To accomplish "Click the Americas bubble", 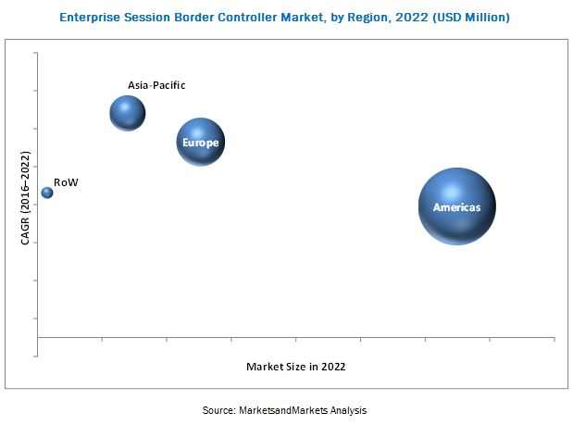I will [x=456, y=206].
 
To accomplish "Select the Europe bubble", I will [x=201, y=142].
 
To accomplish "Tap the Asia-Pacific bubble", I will [x=128, y=113].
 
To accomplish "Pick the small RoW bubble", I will [x=46, y=193].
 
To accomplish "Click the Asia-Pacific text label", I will [x=156, y=85].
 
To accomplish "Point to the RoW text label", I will [x=66, y=182].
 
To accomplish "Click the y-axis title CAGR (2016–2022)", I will [x=25, y=199].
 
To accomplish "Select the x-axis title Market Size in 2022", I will [x=296, y=367].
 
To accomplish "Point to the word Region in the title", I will [x=378, y=17].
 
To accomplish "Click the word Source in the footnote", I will [x=218, y=409].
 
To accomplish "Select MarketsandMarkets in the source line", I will [x=280, y=409].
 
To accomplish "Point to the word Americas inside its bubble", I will [x=457, y=207].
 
